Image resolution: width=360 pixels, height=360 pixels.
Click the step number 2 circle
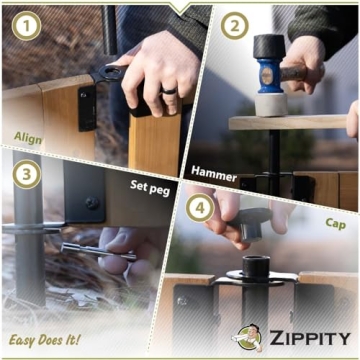233,27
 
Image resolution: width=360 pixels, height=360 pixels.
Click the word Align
28,137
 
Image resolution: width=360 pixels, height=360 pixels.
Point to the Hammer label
213,174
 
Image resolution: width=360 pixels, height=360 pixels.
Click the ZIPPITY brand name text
309,339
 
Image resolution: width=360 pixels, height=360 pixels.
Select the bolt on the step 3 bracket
92,203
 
